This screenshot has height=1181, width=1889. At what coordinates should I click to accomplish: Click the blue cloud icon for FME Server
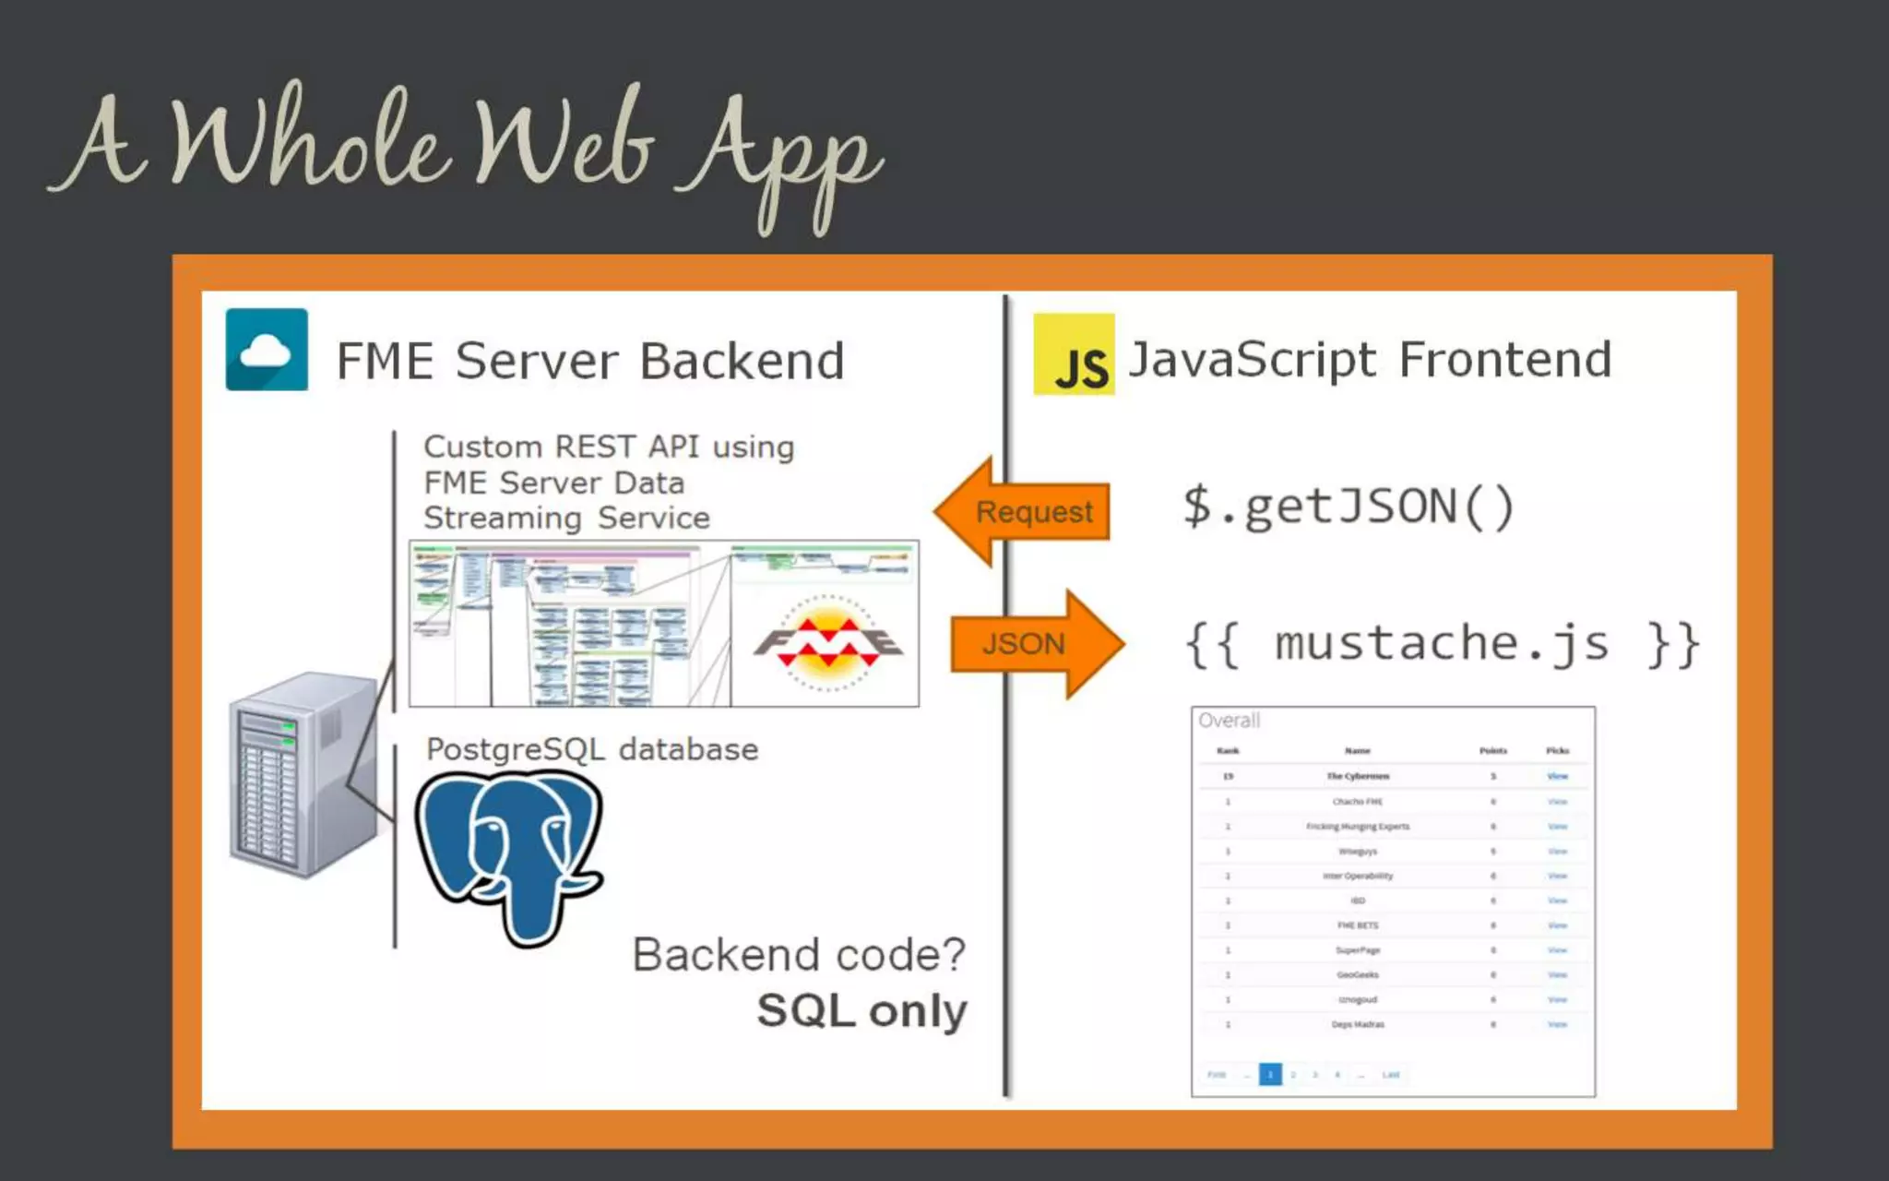267,350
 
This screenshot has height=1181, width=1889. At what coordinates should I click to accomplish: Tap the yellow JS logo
1074,355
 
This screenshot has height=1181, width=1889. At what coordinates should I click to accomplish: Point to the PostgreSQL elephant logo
510,853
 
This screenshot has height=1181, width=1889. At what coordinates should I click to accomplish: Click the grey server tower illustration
303,774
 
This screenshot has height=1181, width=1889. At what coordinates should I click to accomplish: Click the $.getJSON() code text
1348,507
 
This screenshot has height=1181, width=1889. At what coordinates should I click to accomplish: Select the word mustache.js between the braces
1441,643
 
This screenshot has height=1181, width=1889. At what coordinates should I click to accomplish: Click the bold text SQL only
861,1011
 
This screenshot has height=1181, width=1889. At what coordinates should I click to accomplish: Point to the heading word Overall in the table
1229,721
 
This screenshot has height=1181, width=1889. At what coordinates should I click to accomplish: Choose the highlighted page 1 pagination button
1270,1074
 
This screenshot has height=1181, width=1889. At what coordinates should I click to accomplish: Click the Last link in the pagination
1391,1075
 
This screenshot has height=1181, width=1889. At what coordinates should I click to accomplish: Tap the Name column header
1357,751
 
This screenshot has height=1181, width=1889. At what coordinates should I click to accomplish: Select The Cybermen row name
1358,777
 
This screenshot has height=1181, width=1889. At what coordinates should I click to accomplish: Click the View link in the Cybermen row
1557,777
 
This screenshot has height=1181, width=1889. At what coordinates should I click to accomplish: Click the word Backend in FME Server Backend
742,361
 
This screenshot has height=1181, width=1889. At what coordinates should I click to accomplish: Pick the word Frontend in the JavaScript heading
1505,359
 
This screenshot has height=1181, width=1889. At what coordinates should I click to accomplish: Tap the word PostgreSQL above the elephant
516,750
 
